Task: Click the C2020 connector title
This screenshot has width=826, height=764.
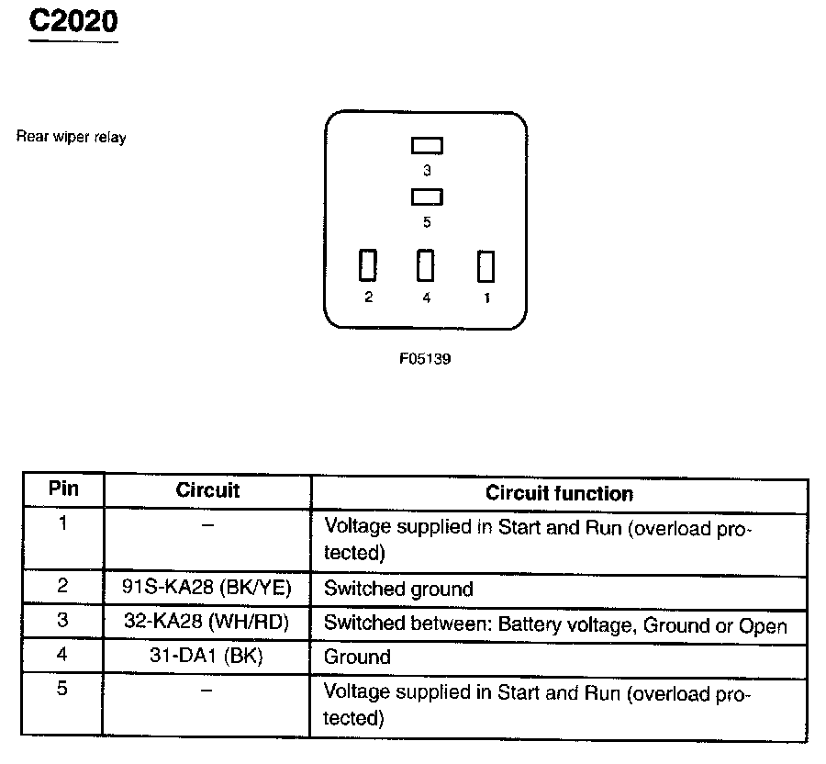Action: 73,22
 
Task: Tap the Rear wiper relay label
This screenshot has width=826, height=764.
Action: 71,138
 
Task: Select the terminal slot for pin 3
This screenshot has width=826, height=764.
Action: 427,145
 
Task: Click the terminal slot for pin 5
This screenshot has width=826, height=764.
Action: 427,197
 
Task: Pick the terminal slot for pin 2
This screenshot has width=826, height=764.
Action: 368,266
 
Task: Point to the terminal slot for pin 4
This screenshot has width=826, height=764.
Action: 426,266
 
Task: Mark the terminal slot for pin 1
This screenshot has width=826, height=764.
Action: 486,266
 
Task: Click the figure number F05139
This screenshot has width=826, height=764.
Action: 425,359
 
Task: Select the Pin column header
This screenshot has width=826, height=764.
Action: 63,489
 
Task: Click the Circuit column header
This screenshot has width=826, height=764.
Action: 207,490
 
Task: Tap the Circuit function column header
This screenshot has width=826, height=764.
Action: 559,494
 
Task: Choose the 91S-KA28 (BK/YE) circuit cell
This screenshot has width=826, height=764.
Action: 207,589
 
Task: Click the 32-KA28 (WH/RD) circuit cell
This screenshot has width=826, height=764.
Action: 207,623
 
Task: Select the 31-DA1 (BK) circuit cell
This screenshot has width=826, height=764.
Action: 207,657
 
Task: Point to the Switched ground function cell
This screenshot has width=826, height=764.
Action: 398,590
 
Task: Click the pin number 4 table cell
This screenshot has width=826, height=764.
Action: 62,655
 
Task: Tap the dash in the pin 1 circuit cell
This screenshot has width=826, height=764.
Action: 207,524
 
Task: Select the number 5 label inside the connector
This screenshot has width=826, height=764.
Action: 427,222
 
